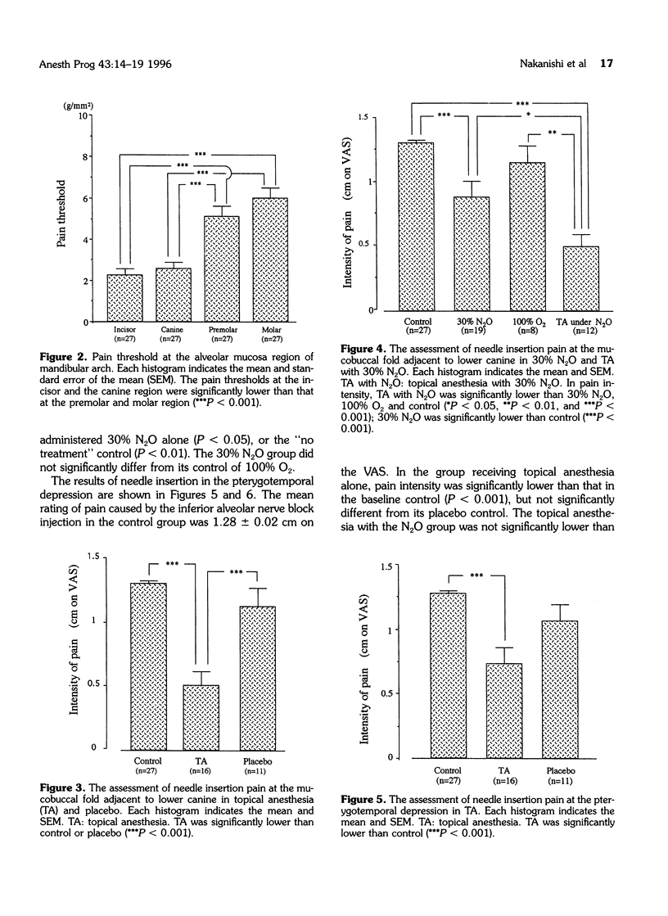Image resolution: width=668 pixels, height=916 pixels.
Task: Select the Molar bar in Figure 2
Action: [275, 260]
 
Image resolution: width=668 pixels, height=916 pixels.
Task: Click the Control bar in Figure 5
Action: [449, 675]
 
